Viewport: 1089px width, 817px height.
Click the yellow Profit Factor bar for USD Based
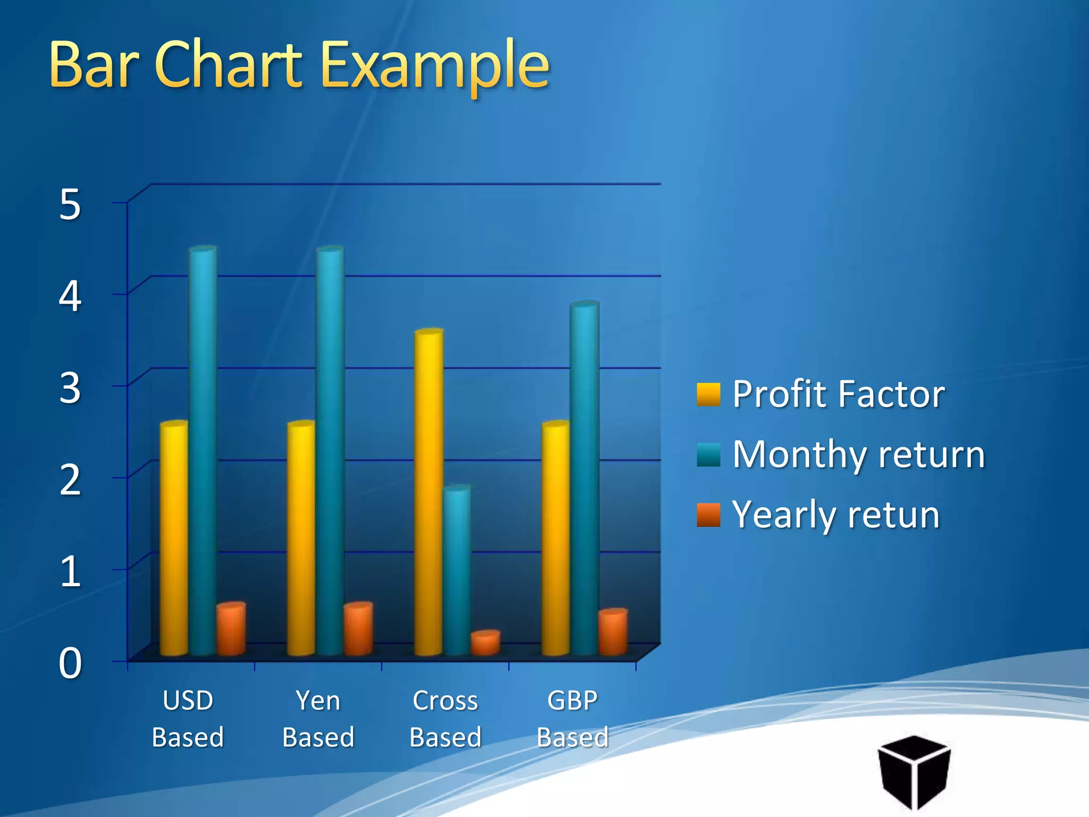click(x=174, y=537)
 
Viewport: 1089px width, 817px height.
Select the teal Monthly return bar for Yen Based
click(x=330, y=452)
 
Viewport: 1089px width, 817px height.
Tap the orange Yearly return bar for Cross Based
click(x=485, y=643)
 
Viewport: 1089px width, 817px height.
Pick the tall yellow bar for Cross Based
click(x=429, y=492)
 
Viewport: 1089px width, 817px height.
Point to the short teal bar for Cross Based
click(x=457, y=569)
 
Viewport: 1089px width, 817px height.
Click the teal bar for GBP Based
click(x=584, y=479)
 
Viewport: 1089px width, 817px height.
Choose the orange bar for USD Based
click(x=231, y=629)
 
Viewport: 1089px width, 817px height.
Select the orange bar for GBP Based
click(x=613, y=632)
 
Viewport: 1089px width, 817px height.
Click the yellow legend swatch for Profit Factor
click(x=708, y=394)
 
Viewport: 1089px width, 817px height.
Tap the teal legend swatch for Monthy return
click(x=708, y=455)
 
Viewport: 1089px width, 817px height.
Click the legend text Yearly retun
click(x=836, y=515)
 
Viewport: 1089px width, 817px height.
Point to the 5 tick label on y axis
click(x=70, y=205)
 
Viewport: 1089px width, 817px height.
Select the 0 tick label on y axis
click(x=70, y=664)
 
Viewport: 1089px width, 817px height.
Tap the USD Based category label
click(x=188, y=718)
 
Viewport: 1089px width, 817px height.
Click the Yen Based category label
click(x=318, y=718)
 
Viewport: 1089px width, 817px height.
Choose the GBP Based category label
click(x=573, y=718)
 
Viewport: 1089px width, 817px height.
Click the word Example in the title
click(x=435, y=66)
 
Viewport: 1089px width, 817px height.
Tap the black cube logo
click(x=914, y=771)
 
